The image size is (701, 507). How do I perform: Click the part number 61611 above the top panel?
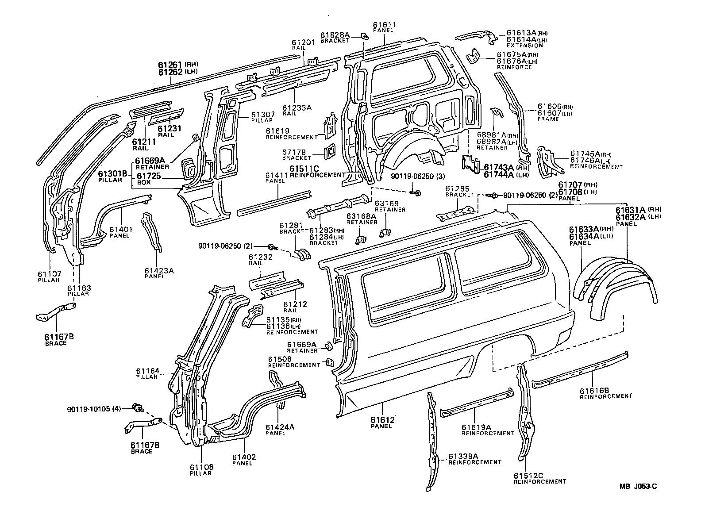(x=384, y=25)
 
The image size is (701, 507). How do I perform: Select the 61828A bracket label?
(x=335, y=35)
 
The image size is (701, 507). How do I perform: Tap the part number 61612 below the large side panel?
(x=382, y=419)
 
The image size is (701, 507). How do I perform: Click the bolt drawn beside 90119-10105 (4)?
(x=138, y=407)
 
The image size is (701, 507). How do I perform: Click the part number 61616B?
(x=595, y=390)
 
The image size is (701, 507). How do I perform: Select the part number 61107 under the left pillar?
(x=50, y=274)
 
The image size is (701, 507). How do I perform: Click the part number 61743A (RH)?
(x=498, y=167)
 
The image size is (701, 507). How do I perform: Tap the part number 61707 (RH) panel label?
(x=569, y=185)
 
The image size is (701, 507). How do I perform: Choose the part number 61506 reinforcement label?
(x=280, y=359)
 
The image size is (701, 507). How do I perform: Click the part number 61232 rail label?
(x=260, y=257)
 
